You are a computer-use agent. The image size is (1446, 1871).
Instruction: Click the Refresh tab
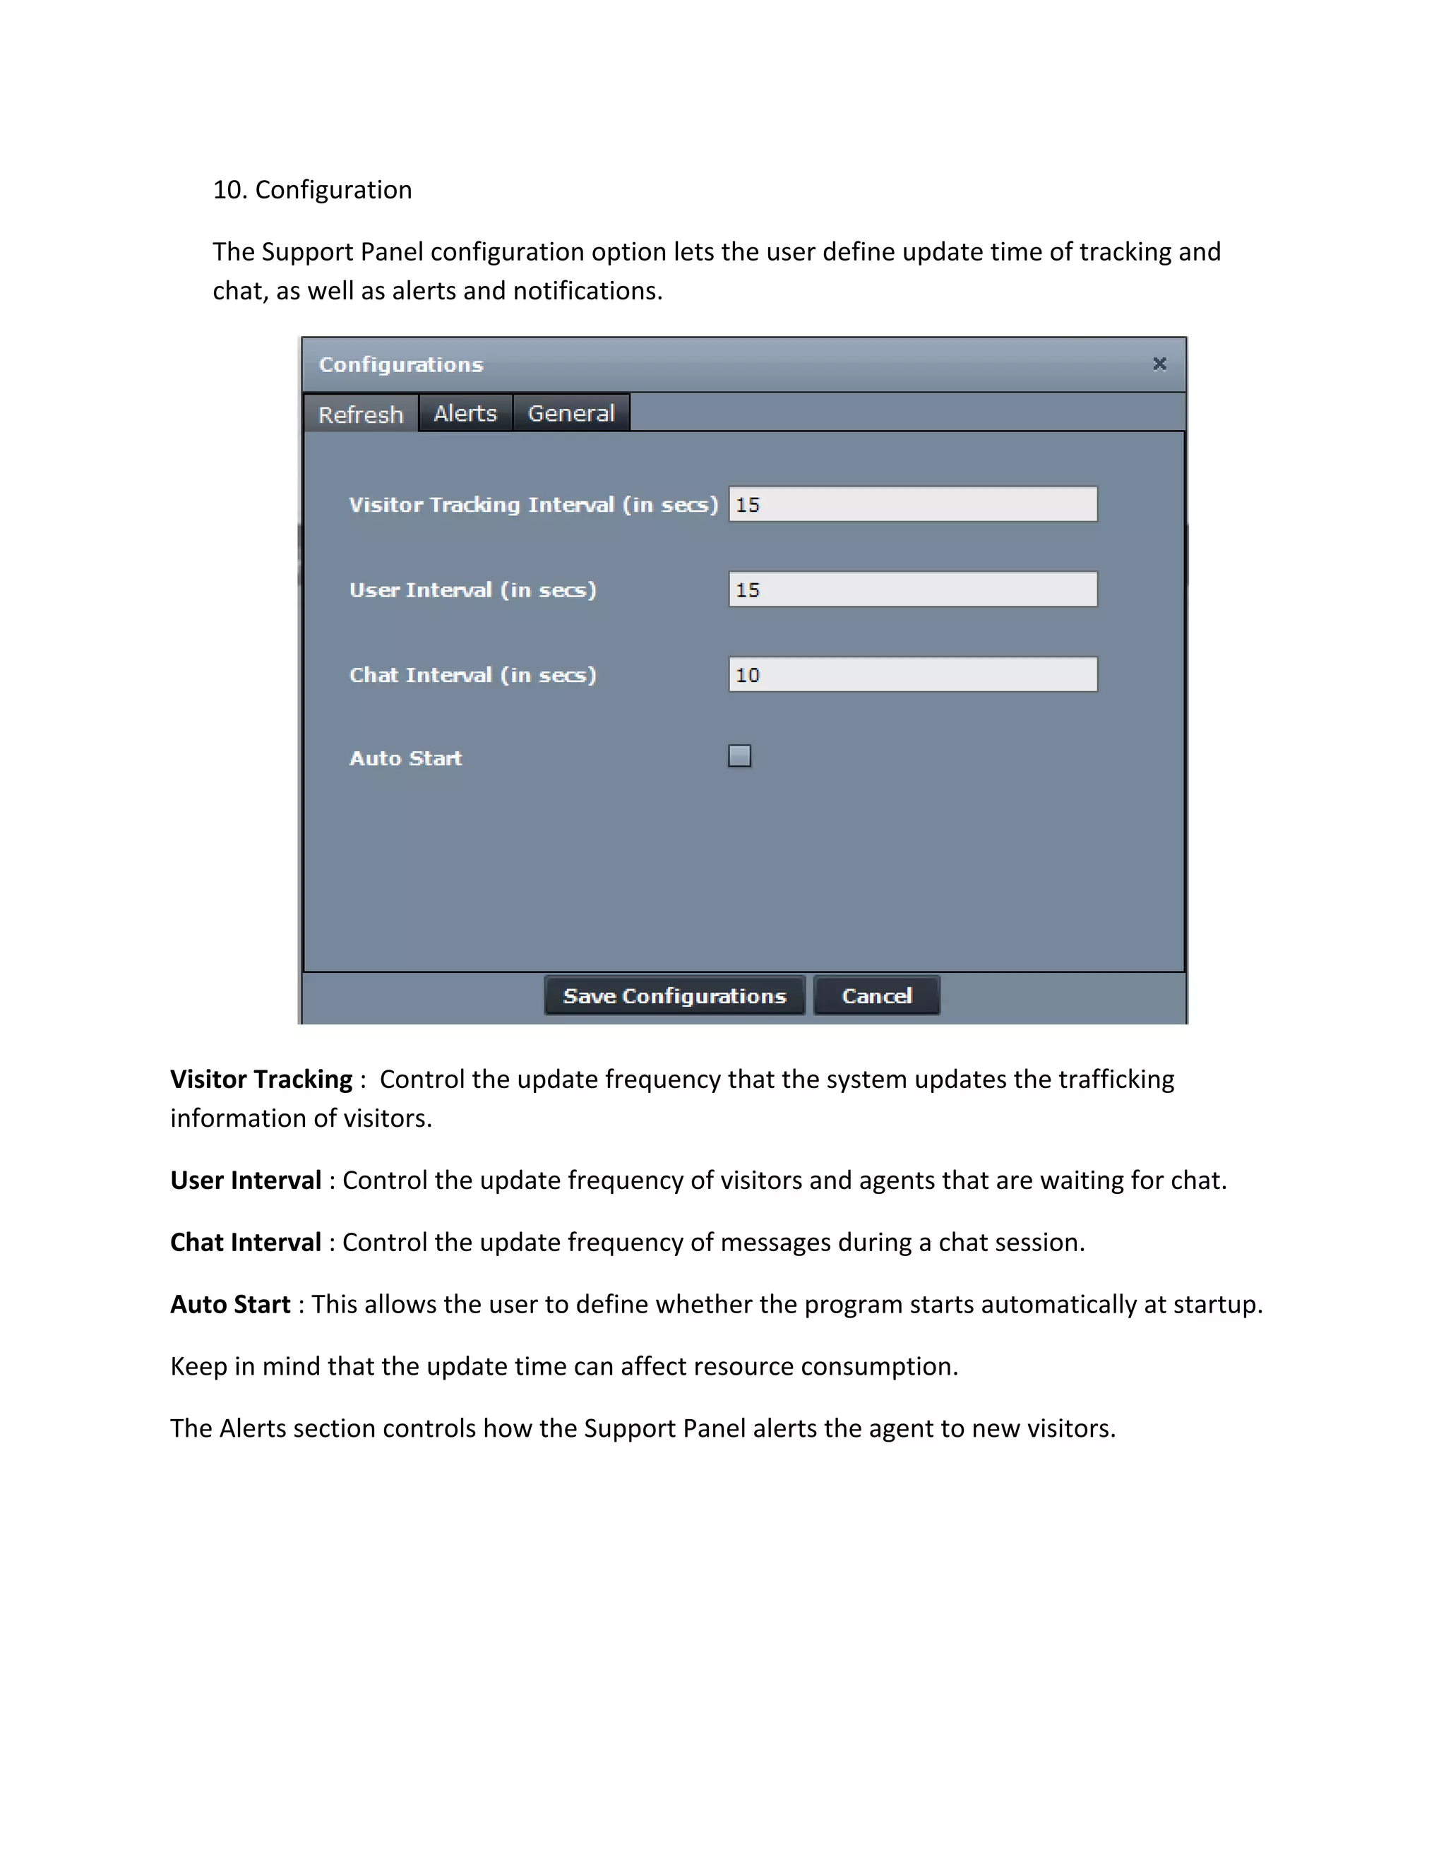pyautogui.click(x=361, y=414)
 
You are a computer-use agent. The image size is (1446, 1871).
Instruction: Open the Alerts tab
pyautogui.click(x=465, y=413)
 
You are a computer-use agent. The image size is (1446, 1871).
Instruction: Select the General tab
pyautogui.click(x=571, y=413)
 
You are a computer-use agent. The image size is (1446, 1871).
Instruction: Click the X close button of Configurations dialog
pyautogui.click(x=1159, y=364)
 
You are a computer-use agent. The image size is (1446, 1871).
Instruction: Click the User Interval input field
pyautogui.click(x=912, y=590)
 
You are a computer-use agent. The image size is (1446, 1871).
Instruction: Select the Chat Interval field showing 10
pyautogui.click(x=912, y=674)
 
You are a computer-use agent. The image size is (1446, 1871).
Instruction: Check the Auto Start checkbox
pyautogui.click(x=739, y=755)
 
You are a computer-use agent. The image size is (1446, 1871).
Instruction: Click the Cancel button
pyautogui.click(x=876, y=996)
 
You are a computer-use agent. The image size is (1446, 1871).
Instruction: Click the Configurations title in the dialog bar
pyautogui.click(x=401, y=365)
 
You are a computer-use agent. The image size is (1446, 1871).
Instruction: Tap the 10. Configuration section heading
pyautogui.click(x=312, y=189)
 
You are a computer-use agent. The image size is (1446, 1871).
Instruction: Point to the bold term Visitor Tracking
pyautogui.click(x=261, y=1080)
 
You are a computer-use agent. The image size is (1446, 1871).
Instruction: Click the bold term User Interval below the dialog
pyautogui.click(x=246, y=1180)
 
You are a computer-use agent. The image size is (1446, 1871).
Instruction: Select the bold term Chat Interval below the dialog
pyautogui.click(x=246, y=1242)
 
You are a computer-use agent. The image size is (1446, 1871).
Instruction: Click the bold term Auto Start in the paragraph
pyautogui.click(x=230, y=1304)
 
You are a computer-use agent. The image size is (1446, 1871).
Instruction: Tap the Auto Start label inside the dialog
pyautogui.click(x=406, y=758)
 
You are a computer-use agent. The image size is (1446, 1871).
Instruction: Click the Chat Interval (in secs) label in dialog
pyautogui.click(x=472, y=675)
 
